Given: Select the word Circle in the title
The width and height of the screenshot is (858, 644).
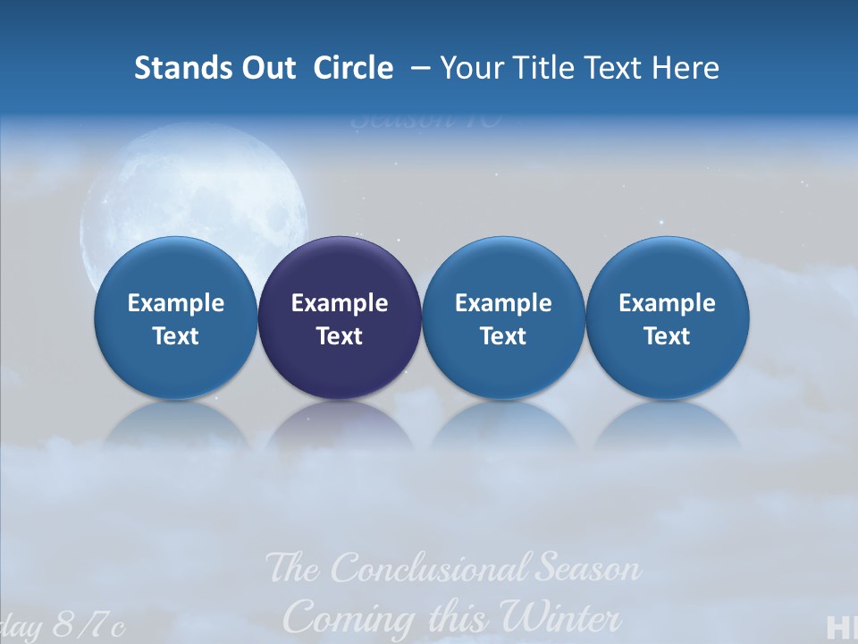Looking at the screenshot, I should point(353,68).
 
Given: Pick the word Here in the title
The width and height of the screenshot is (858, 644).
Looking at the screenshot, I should point(684,68).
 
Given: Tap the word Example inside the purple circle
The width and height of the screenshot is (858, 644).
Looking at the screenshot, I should point(340,303).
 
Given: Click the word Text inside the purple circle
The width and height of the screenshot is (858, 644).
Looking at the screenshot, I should point(340,336).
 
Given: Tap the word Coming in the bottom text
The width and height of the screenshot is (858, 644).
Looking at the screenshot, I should point(339,617).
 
